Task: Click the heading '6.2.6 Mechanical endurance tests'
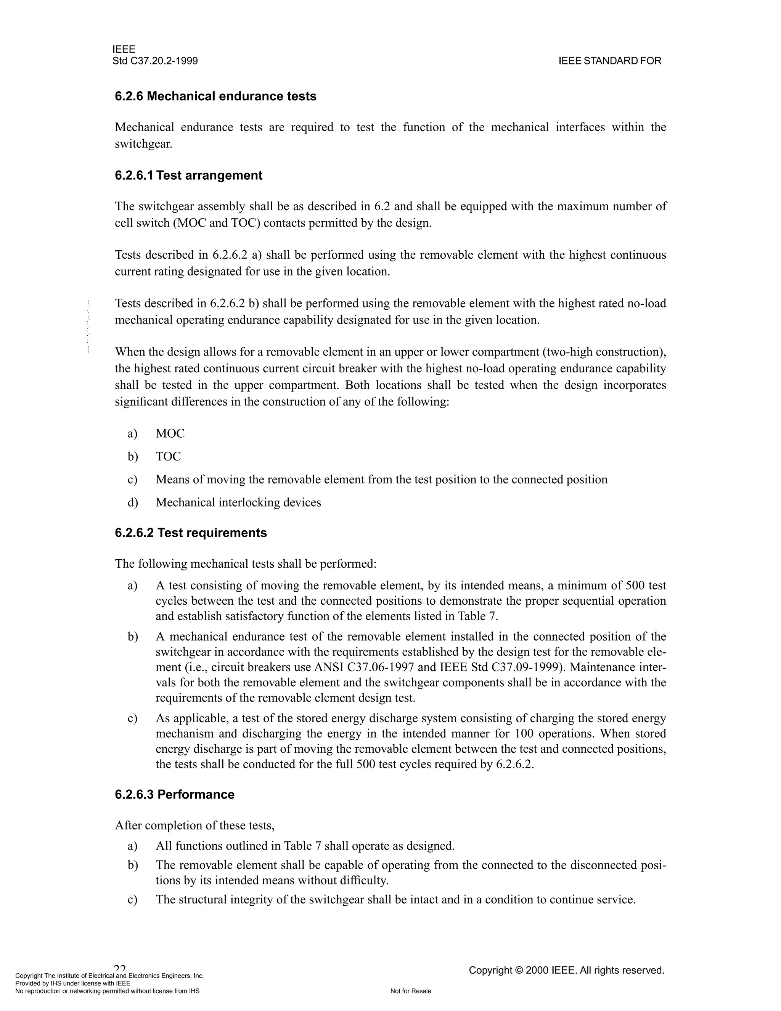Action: pos(215,96)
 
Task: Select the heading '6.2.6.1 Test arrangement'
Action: pos(188,175)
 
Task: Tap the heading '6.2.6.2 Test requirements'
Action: pos(191,533)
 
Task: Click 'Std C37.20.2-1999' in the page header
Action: pos(155,61)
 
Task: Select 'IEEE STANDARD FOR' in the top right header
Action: pos(610,61)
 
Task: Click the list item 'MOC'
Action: pos(170,434)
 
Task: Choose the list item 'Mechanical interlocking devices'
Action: pos(238,503)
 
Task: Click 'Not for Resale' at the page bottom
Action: pos(410,991)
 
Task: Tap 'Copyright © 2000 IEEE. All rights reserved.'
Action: pos(566,970)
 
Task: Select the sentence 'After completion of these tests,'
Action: pos(195,825)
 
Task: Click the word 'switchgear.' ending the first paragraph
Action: pos(143,144)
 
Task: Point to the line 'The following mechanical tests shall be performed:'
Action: pos(246,564)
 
